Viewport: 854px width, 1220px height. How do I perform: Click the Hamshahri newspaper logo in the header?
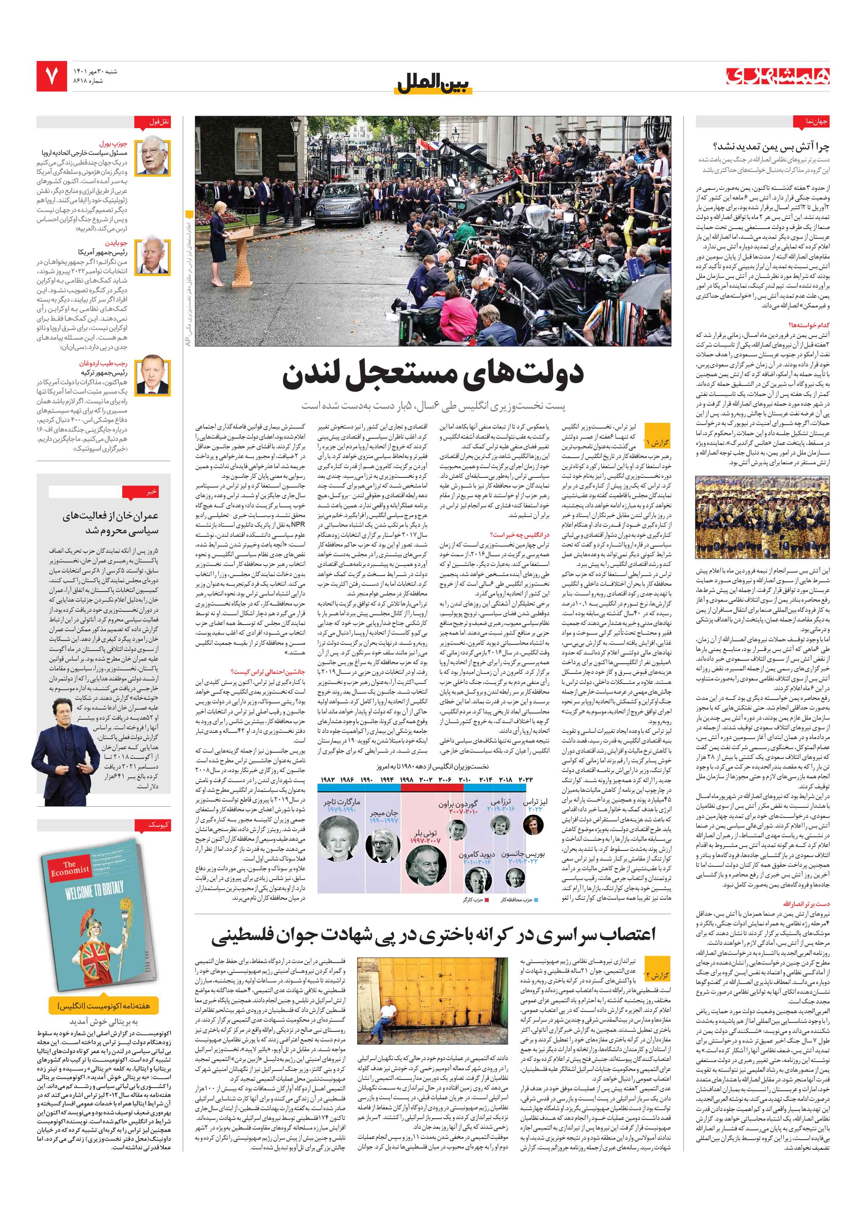point(778,76)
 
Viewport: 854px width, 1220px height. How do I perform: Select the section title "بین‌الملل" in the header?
point(433,83)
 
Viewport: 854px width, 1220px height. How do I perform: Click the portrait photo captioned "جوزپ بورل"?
point(153,157)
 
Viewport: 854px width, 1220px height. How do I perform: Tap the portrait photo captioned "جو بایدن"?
point(153,256)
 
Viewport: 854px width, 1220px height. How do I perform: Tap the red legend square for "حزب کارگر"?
point(486,900)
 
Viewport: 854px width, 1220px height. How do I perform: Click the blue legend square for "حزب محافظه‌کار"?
point(536,900)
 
